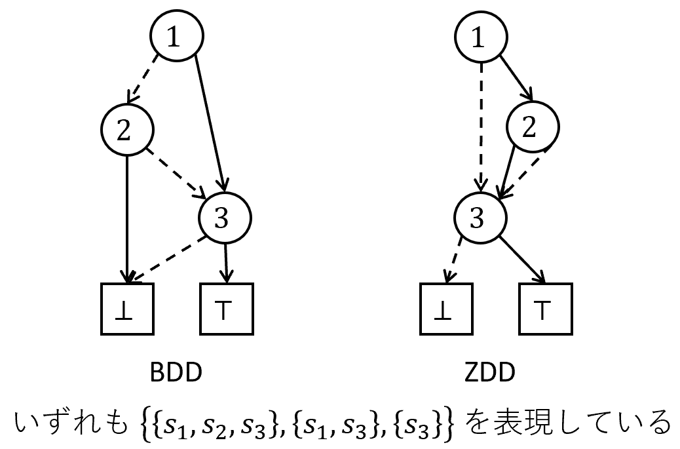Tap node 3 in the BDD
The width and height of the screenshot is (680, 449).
(225, 218)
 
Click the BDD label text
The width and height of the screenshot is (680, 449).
(174, 374)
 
